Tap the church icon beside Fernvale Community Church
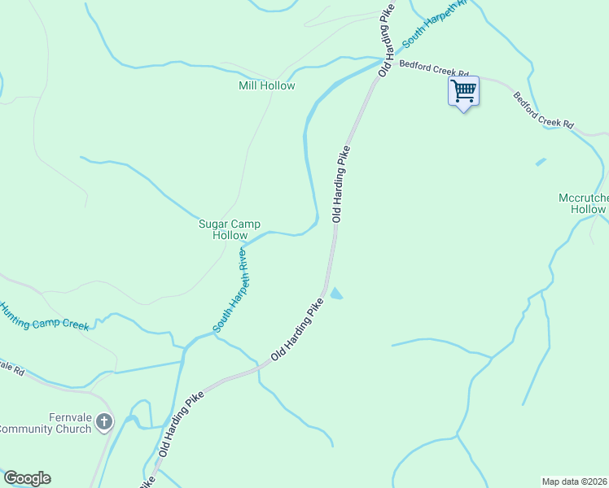[104, 420]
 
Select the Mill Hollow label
[267, 85]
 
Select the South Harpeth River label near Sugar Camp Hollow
[230, 290]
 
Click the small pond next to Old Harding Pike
[335, 294]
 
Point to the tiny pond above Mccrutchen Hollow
[541, 162]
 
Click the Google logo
[27, 478]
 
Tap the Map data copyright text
[575, 481]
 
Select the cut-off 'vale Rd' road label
[11, 368]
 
